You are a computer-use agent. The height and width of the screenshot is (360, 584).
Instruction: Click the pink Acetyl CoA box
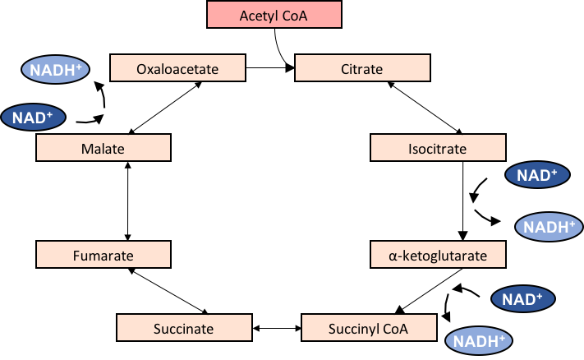274,16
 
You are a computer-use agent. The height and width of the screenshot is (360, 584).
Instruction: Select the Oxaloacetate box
177,68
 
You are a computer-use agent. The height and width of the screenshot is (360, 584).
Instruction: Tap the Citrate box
362,68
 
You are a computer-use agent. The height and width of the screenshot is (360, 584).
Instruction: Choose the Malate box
103,148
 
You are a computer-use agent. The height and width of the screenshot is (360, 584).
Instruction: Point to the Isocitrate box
438,148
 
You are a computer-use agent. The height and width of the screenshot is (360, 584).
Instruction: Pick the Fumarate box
103,255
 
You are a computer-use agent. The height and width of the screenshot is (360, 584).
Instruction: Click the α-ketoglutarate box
438,255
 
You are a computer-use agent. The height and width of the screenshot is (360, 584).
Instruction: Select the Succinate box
183,328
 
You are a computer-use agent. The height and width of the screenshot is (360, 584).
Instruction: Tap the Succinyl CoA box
369,328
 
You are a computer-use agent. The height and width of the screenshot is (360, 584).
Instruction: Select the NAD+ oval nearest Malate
33,118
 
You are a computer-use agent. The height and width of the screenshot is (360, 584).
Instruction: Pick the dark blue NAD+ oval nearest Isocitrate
536,174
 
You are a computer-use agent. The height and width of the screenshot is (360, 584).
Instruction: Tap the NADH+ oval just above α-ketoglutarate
549,227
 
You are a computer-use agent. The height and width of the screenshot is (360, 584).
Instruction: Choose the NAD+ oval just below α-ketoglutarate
522,298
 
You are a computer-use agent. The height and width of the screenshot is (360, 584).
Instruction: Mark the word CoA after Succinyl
394,329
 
